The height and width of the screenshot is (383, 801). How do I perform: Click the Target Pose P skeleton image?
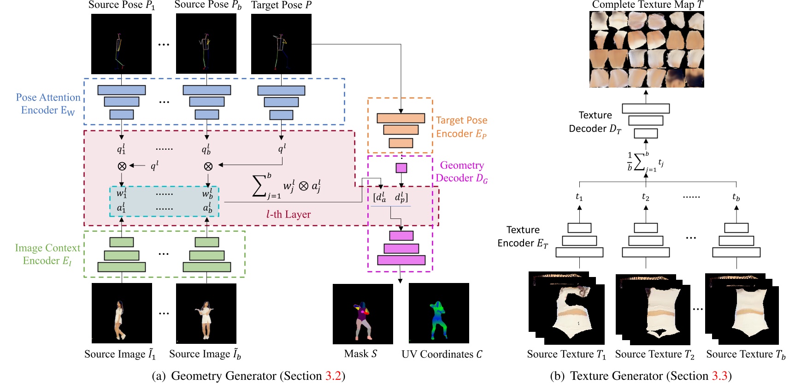[281, 44]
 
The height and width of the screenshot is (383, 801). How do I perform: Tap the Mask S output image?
[363, 313]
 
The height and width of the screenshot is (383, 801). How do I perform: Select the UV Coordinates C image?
[438, 313]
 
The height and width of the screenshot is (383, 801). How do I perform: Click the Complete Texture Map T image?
[647, 49]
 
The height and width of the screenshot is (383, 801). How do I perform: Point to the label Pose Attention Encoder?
[48, 104]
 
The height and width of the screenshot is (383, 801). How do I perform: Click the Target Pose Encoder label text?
[461, 127]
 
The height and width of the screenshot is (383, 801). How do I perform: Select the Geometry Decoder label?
[461, 171]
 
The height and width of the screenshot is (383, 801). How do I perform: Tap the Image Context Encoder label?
[47, 254]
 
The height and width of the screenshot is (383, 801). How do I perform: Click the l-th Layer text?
[289, 214]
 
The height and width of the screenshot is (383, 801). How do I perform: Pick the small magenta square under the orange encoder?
[401, 168]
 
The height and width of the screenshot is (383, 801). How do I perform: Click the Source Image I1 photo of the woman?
[122, 313]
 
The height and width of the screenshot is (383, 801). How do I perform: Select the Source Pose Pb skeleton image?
[206, 44]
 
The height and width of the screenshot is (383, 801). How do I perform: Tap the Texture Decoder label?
[595, 122]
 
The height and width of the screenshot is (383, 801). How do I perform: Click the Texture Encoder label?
[523, 236]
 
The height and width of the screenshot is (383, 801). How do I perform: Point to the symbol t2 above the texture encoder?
[645, 197]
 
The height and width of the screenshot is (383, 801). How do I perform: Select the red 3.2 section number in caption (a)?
[333, 376]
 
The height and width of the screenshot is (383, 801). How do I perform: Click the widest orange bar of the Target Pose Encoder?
[400, 118]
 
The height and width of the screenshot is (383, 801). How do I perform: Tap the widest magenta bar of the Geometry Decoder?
[401, 260]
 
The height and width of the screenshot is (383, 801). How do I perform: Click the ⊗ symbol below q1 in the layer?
[122, 166]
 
